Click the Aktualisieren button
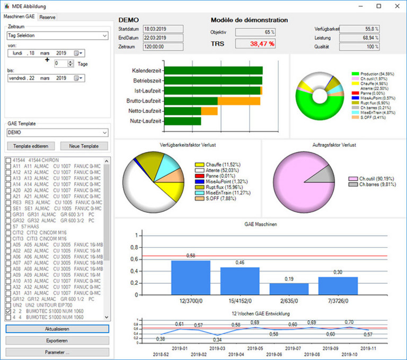point(57,328)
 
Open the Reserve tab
point(47,17)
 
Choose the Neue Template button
point(85,146)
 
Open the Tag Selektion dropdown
point(57,36)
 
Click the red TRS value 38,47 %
point(255,44)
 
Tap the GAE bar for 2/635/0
point(289,289)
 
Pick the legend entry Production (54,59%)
point(377,74)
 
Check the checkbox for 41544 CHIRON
point(8,159)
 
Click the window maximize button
point(378,6)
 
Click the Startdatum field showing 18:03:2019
point(163,29)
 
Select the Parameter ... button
point(57,352)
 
